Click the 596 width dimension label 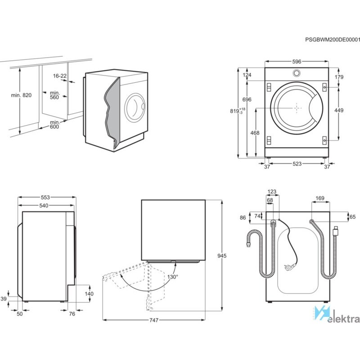pos(297,62)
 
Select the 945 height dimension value pos(222,256)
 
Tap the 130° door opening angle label pos(173,277)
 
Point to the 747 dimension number pos(154,320)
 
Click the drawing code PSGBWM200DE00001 pos(333,40)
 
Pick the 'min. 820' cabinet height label pos(21,95)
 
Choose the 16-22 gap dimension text pos(60,76)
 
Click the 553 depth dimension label pos(45,197)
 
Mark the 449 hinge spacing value pos(339,110)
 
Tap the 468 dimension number pos(255,133)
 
